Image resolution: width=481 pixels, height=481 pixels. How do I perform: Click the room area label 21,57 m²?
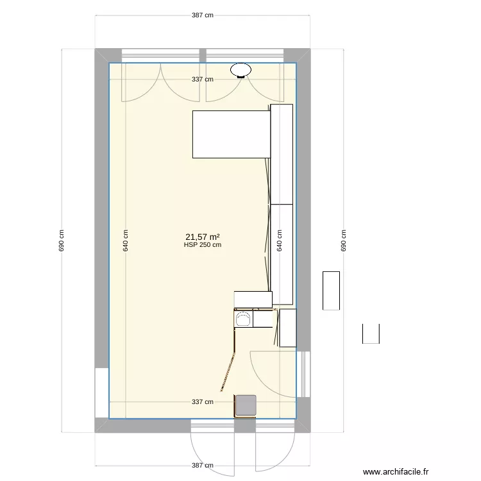[203, 237]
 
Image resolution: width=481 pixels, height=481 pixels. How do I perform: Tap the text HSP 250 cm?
[203, 244]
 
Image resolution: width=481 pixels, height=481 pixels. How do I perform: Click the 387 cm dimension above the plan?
[203, 15]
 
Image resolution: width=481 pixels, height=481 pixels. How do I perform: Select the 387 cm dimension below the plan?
[203, 466]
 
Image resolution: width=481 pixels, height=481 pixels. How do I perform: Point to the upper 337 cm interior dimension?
[203, 80]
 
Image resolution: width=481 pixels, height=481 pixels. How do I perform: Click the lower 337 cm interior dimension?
[203, 402]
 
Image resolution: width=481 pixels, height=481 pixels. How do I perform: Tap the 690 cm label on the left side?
[62, 241]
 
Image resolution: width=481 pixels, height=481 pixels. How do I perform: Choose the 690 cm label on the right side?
[343, 241]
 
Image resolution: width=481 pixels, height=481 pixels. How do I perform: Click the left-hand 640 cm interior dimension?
[125, 241]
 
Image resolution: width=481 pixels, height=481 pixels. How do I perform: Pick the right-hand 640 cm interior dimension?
[279, 241]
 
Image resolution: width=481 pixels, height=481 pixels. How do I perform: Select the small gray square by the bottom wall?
[245, 405]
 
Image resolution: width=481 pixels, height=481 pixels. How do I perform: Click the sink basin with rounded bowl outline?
[244, 318]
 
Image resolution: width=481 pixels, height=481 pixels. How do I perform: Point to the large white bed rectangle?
[230, 134]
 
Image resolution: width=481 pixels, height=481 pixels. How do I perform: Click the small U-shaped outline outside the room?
[371, 334]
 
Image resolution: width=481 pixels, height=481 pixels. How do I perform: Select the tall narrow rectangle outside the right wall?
[331, 291]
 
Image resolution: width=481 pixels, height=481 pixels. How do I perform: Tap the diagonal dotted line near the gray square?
[228, 373]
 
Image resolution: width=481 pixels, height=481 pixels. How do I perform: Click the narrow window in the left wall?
[101, 392]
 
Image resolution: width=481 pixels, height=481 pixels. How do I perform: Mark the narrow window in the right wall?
[304, 375]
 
